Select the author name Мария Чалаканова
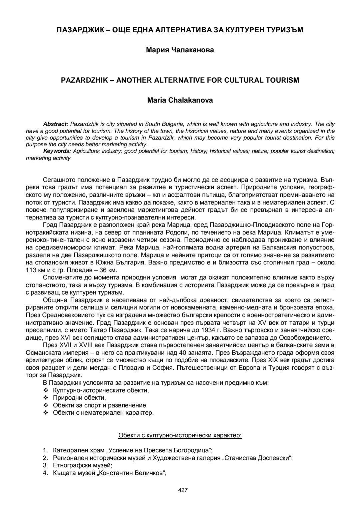pyautogui.click(x=180, y=50)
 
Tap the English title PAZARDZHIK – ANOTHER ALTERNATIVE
pyautogui.click(x=180, y=80)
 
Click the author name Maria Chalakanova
pyautogui.click(x=180, y=100)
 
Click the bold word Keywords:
pyautogui.click(x=57, y=151)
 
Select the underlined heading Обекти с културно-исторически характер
pyautogui.click(x=180, y=435)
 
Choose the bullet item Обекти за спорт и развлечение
pyautogui.click(x=99, y=405)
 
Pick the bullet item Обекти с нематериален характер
pyautogui.click(x=103, y=413)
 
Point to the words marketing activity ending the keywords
pyautogui.click(x=48, y=158)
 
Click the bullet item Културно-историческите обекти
pyautogui.click(x=101, y=390)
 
